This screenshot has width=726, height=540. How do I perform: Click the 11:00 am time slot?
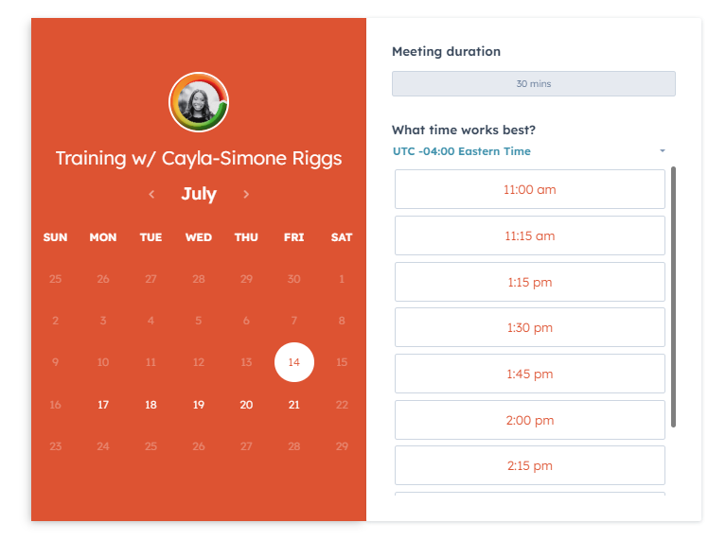[x=530, y=189]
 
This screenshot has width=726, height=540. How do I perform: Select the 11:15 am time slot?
[x=530, y=235]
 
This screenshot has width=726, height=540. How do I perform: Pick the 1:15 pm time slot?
[x=530, y=282]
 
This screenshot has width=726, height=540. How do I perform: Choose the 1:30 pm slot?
[x=530, y=327]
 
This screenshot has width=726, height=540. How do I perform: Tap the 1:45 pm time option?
[x=530, y=374]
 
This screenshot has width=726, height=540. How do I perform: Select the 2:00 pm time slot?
[x=530, y=420]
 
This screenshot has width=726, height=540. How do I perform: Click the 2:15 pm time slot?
[x=530, y=465]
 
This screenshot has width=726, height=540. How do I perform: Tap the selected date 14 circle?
[x=294, y=362]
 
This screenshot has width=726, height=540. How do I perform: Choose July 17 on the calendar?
[x=103, y=405]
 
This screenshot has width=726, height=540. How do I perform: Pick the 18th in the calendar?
[x=151, y=405]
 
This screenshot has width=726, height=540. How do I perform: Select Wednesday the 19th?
[x=198, y=405]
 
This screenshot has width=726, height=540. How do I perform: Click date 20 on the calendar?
[x=246, y=405]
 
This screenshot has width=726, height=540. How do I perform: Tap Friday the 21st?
[x=294, y=405]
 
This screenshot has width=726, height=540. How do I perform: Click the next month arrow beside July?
[x=246, y=195]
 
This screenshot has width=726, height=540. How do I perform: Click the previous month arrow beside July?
[x=151, y=195]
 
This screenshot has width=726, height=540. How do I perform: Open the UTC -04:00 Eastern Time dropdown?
[x=529, y=151]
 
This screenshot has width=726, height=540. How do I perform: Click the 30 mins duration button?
[x=534, y=84]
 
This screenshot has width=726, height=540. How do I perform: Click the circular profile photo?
[x=199, y=102]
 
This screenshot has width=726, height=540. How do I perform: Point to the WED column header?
[x=199, y=237]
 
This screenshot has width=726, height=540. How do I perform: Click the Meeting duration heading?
[x=447, y=51]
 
